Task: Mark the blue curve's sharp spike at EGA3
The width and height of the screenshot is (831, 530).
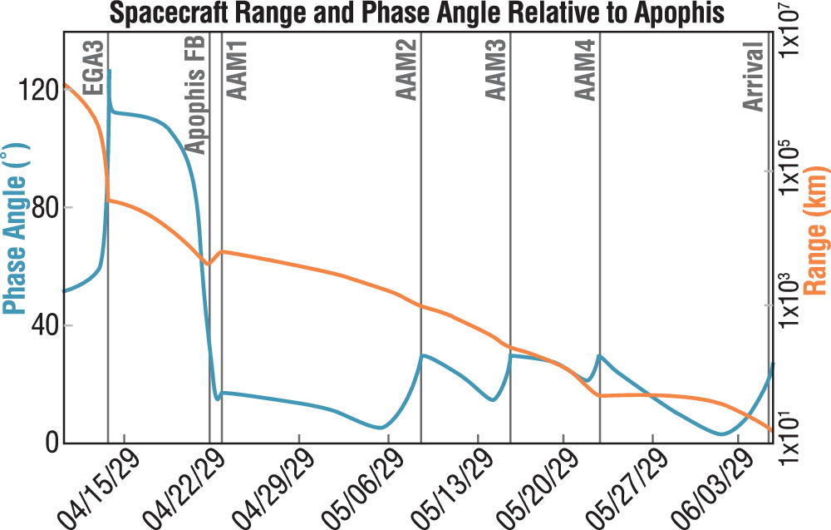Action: (x=109, y=72)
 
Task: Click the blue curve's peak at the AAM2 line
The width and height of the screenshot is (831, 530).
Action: (x=422, y=355)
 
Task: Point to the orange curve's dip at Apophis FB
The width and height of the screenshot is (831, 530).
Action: (x=209, y=264)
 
